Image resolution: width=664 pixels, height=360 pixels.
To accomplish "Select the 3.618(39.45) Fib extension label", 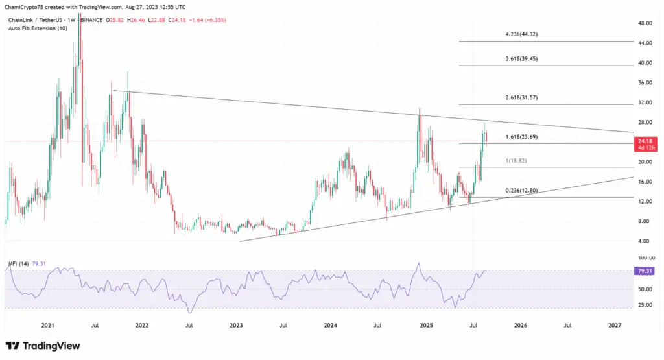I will tap(522, 58).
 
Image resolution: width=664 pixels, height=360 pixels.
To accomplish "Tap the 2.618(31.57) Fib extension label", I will tap(522, 97).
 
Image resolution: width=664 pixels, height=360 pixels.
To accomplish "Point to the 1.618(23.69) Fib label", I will tap(521, 137).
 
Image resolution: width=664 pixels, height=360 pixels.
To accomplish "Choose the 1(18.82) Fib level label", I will tap(515, 160).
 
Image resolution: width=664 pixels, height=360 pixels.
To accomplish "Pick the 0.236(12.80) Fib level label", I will tap(522, 191).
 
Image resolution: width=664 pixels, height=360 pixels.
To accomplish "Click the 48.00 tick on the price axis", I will tap(645, 23).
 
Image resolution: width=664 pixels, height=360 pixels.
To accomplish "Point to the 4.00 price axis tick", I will tap(644, 241).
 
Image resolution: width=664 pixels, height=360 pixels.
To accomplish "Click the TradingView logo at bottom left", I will tap(43, 346).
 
